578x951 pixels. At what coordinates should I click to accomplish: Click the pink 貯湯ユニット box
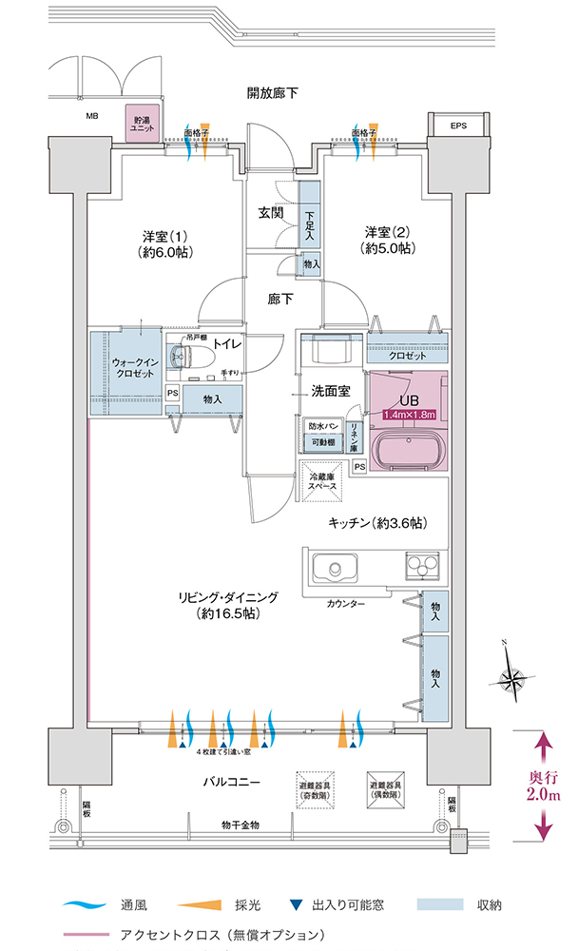pyautogui.click(x=143, y=124)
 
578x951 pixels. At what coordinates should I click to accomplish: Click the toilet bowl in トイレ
pyautogui.click(x=183, y=358)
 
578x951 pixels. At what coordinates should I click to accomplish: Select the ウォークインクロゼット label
pyautogui.click(x=126, y=368)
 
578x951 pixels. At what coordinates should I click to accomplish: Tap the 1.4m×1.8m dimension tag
pyautogui.click(x=409, y=415)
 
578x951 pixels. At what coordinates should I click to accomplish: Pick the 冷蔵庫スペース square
pyautogui.click(x=319, y=479)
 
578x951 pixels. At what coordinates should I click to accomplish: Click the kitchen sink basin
pyautogui.click(x=333, y=571)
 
